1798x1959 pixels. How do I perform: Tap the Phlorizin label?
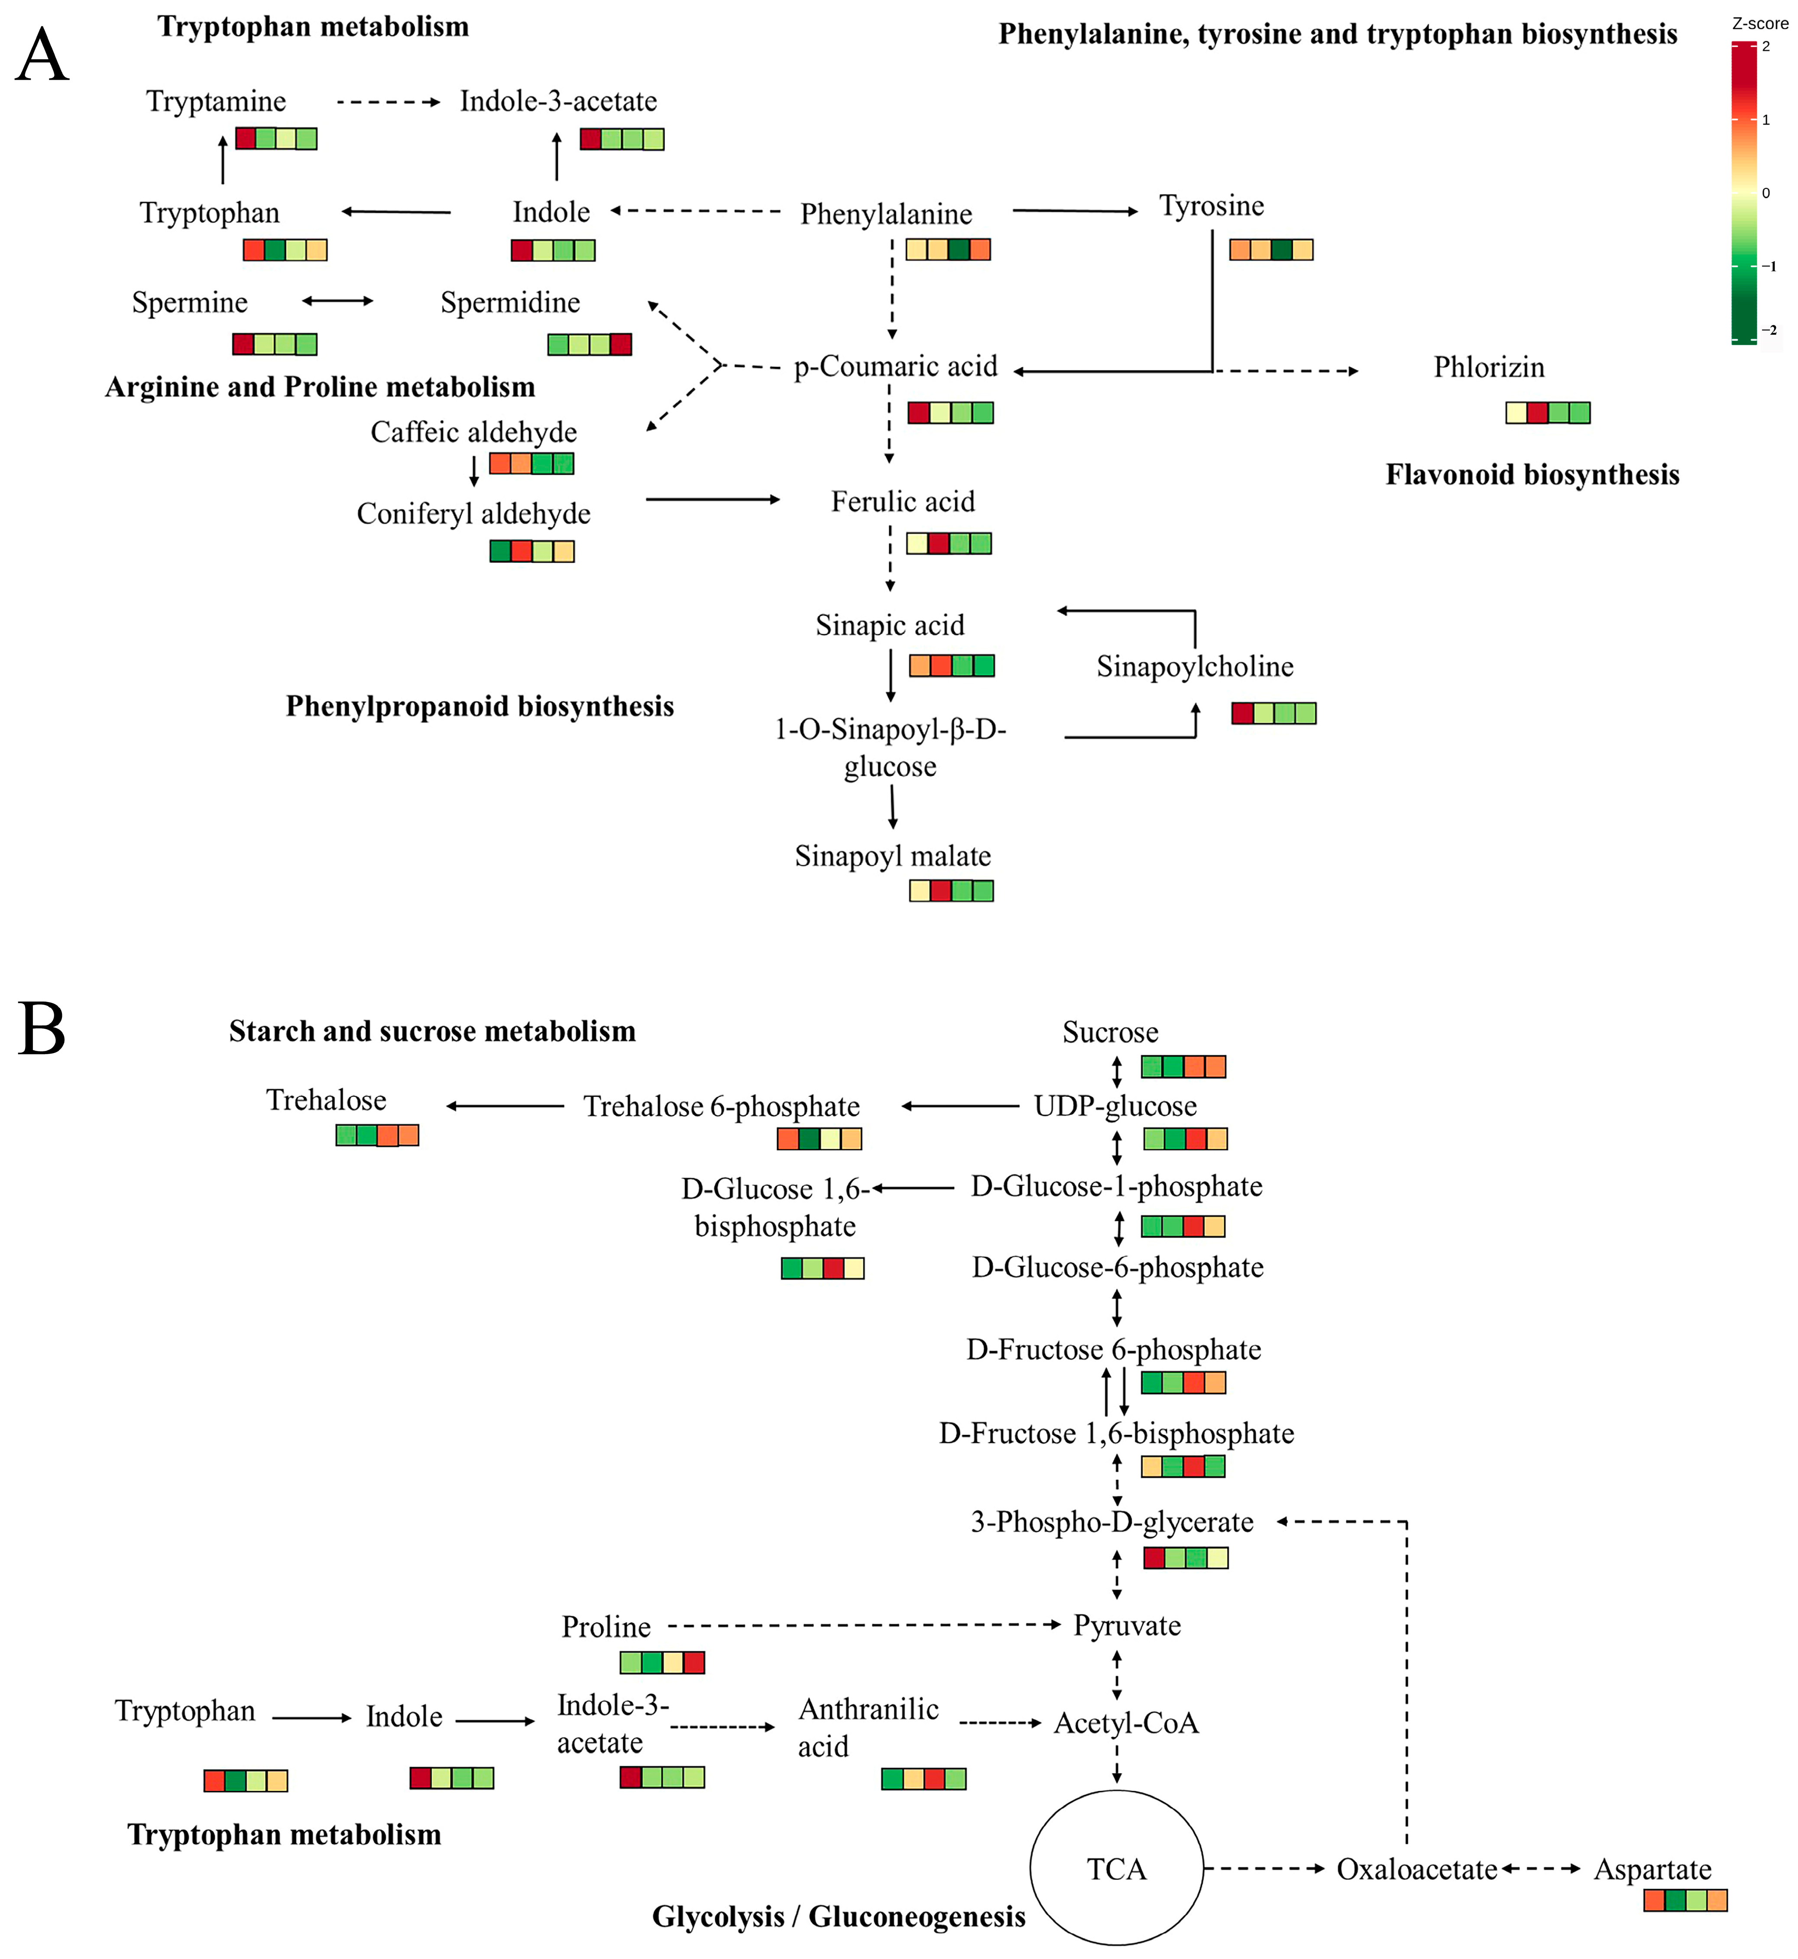click(1489, 368)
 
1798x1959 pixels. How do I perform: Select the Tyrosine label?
click(1212, 206)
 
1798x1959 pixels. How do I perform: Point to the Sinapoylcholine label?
click(1195, 667)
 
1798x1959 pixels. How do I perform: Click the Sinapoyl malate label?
click(892, 856)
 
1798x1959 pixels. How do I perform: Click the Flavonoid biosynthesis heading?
click(1532, 475)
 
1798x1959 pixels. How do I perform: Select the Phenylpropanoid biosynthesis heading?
click(479, 707)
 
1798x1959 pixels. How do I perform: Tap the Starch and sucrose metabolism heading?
click(432, 1031)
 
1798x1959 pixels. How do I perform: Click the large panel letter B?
click(42, 1030)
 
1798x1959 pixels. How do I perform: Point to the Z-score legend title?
click(1759, 23)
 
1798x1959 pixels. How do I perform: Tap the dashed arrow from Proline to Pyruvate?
click(864, 1625)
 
